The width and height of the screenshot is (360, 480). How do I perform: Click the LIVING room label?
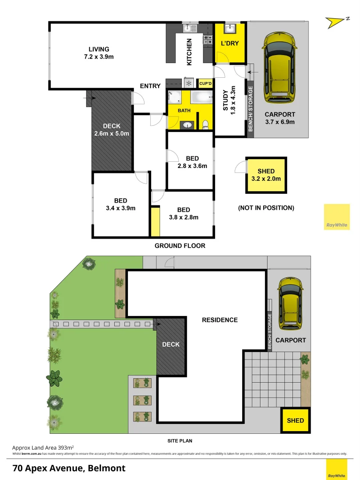99,49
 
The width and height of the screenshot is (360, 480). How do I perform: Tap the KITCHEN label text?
189,52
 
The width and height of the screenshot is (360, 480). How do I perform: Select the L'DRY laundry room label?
230,44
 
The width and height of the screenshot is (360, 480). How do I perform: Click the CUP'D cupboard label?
206,83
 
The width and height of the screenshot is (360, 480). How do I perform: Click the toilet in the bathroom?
205,125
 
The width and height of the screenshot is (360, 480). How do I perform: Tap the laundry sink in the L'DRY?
230,29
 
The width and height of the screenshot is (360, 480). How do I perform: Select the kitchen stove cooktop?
208,40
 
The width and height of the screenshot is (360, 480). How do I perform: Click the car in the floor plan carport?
279,67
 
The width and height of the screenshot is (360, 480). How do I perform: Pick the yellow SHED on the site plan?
295,420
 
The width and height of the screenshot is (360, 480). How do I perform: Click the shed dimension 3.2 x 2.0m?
266,179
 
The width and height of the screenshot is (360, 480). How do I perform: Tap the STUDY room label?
225,100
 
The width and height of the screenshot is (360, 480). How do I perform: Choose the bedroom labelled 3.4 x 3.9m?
120,204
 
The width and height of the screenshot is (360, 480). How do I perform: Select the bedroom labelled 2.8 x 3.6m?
192,162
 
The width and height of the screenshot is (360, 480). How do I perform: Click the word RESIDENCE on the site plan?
220,320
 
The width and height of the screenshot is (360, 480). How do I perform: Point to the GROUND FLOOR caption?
180,246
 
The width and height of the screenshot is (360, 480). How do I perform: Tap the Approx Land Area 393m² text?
43,447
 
